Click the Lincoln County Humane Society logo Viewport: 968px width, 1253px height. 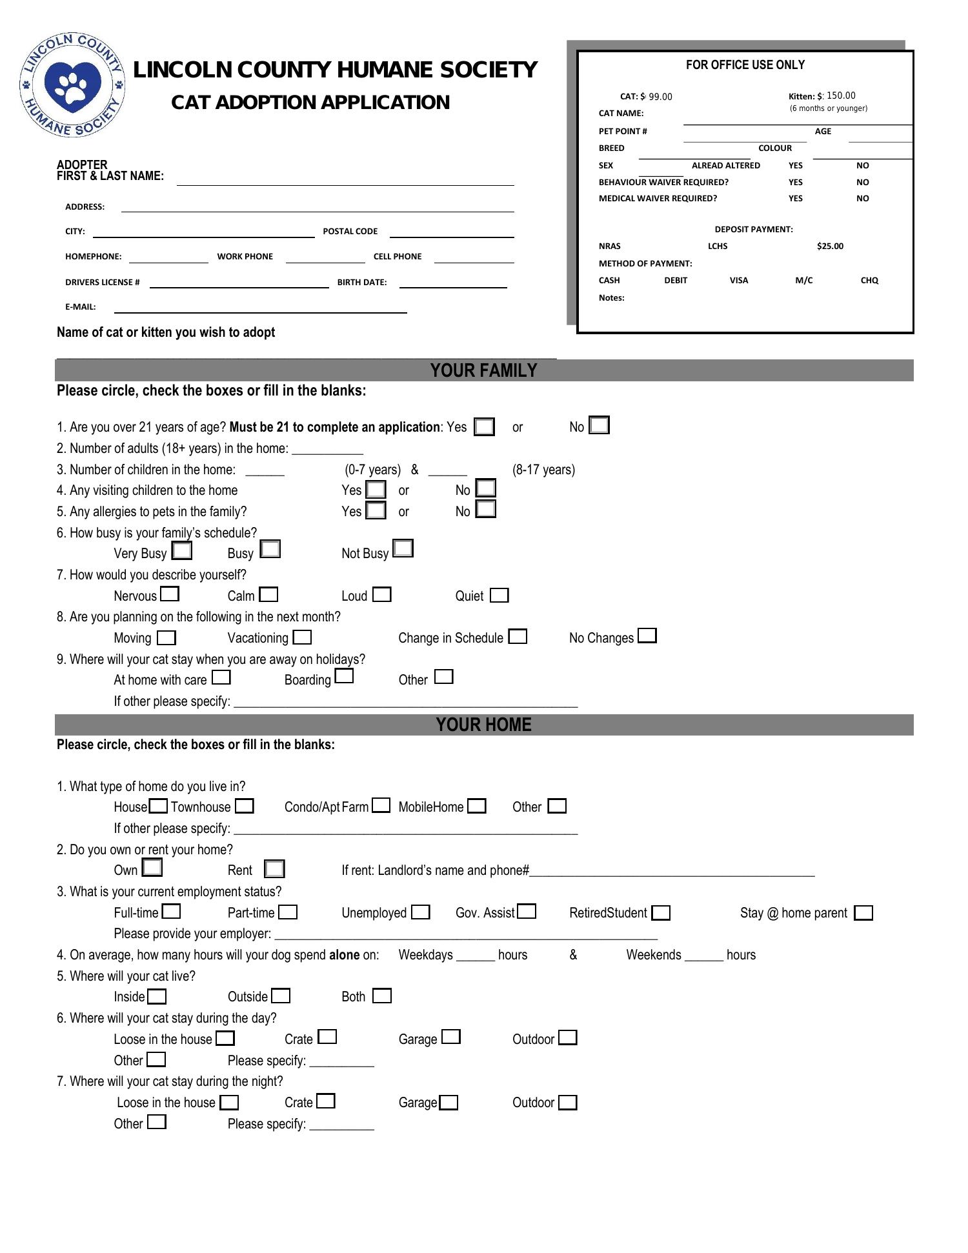(72, 84)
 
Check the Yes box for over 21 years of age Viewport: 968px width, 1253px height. (484, 427)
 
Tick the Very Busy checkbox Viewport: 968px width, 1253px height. (183, 551)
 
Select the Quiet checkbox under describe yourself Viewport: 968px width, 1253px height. (499, 596)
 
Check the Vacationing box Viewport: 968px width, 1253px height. (302, 637)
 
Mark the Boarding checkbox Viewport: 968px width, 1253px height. (345, 677)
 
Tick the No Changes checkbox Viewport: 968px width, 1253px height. (647, 636)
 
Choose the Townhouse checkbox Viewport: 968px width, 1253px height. (244, 807)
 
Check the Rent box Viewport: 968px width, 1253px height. (274, 869)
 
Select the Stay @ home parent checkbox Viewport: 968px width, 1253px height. (863, 913)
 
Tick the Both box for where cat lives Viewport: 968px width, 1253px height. (382, 996)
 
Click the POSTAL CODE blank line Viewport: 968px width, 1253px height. (452, 234)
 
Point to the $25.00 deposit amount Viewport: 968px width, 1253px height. (830, 246)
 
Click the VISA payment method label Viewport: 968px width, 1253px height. (739, 280)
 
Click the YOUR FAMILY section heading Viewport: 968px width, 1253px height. (483, 370)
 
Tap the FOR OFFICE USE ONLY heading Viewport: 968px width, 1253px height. (745, 65)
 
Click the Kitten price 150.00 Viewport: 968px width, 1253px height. (841, 95)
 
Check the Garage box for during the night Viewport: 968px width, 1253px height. (449, 1103)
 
